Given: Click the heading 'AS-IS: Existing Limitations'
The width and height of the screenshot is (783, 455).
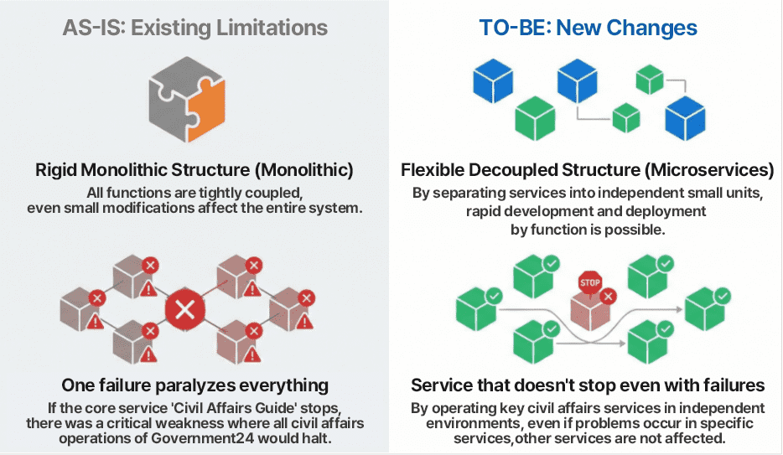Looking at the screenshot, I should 194,28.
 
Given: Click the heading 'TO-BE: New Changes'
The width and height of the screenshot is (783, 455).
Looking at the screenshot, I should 588,28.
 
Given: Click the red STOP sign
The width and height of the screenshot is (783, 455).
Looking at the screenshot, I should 590,282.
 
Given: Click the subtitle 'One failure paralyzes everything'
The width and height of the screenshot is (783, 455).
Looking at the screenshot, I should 194,385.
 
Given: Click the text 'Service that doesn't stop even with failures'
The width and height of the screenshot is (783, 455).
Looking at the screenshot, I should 588,385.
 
